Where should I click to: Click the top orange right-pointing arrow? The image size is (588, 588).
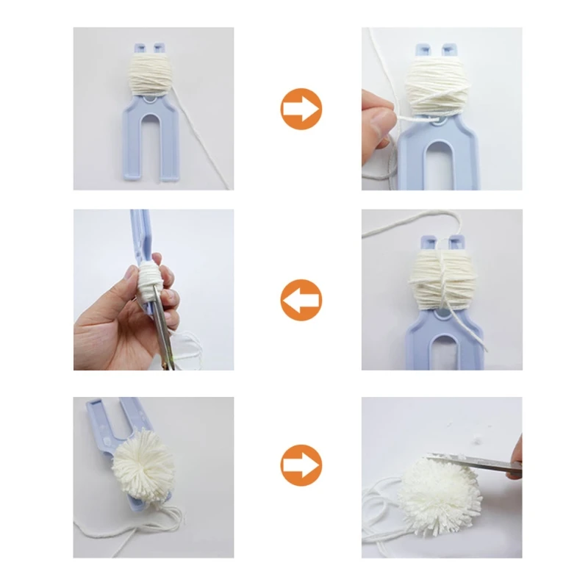301,109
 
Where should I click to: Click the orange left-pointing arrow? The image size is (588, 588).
301,300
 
